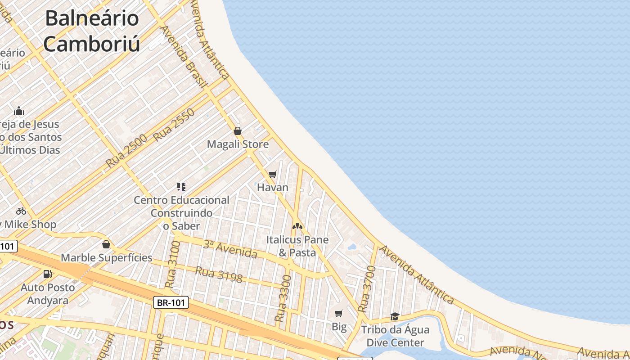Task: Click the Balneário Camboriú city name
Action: click(92, 31)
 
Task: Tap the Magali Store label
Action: click(238, 144)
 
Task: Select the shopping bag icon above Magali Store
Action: click(238, 131)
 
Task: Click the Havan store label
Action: click(273, 187)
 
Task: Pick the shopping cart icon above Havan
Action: click(272, 174)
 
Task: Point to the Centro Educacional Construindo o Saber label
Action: click(181, 212)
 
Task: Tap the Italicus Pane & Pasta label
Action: click(297, 246)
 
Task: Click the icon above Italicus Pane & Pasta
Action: click(297, 226)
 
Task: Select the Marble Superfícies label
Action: click(106, 258)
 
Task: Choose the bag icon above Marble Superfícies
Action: click(106, 244)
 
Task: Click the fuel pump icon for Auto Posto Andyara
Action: click(47, 274)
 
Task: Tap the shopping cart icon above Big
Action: click(339, 313)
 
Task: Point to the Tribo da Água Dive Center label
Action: click(395, 336)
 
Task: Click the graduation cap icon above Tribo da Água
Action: click(395, 316)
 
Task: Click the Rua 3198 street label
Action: click(219, 275)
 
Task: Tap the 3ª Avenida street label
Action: click(229, 249)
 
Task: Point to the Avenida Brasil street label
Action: click(184, 56)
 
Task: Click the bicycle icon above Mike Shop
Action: click(21, 211)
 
